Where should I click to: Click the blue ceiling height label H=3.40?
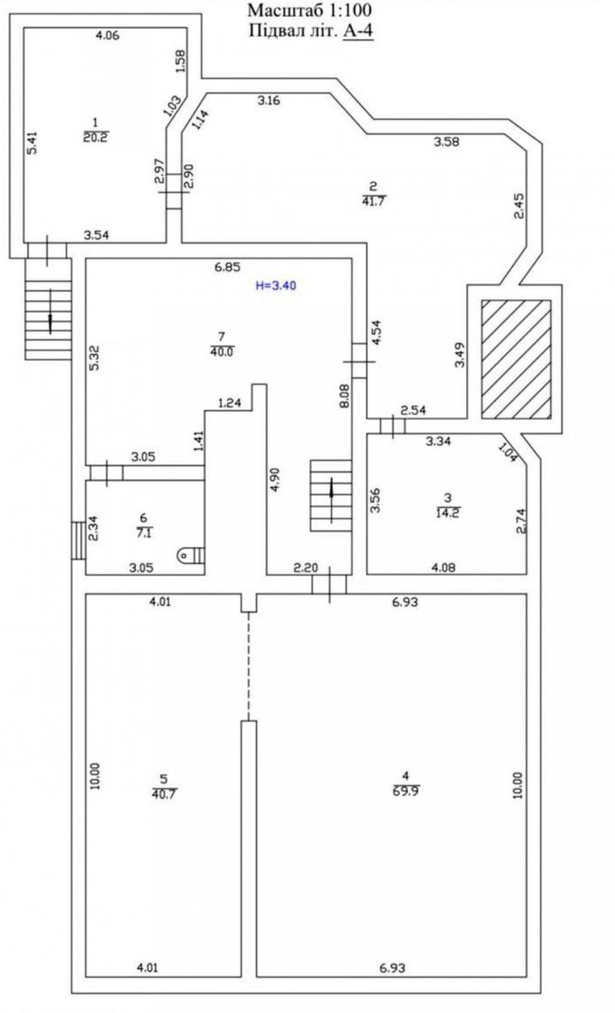276,285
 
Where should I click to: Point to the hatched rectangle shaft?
516,359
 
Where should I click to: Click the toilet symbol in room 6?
193,555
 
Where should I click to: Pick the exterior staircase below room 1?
48,309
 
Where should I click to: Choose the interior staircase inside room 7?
331,496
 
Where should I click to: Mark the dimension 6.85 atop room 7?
227,268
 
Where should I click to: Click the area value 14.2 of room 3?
448,513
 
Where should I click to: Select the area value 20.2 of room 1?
95,137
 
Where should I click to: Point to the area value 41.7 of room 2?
373,201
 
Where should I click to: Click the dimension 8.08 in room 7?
345,397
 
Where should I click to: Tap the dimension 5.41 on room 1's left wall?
32,143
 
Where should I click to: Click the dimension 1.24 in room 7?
230,403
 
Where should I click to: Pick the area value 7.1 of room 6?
144,533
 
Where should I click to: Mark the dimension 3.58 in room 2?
447,142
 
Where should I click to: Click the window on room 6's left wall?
79,541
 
